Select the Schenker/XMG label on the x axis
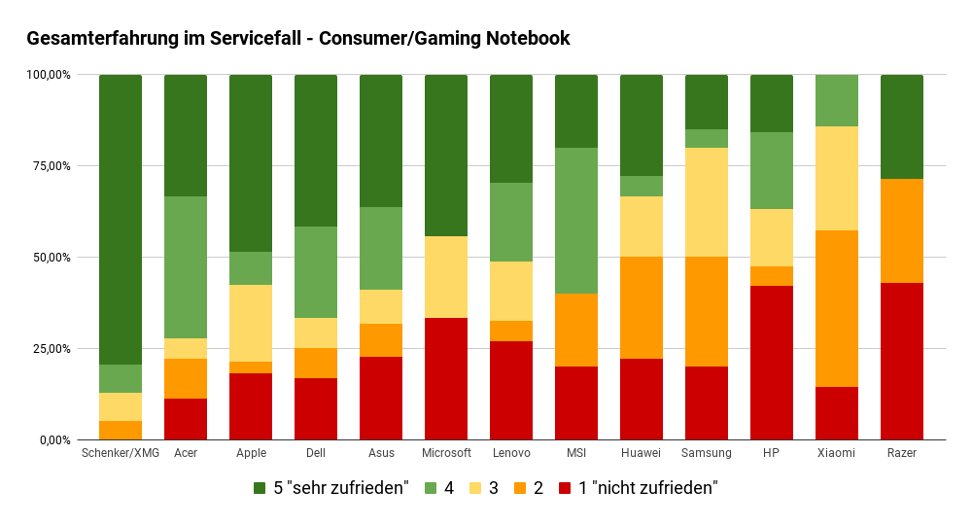[x=121, y=453]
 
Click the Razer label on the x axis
[x=901, y=453]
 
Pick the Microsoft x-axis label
[x=446, y=453]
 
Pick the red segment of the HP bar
[x=772, y=363]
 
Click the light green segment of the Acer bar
[x=186, y=267]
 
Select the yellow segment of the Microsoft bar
[x=446, y=277]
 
